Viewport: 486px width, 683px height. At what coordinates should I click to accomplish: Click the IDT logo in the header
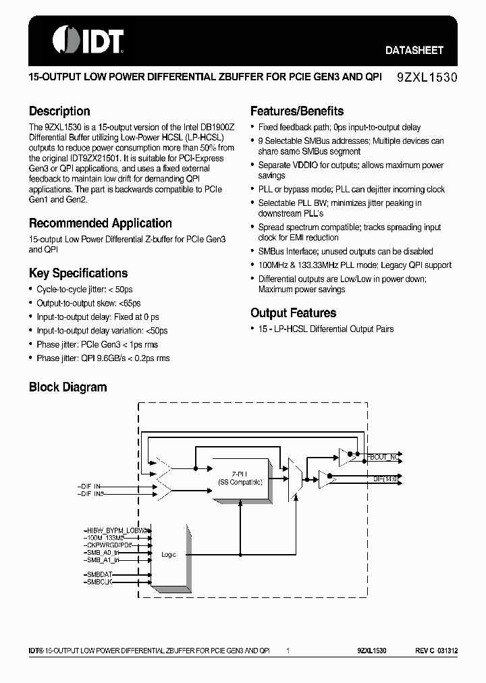pos(87,40)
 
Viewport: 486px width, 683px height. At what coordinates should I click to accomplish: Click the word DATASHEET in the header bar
pos(414,50)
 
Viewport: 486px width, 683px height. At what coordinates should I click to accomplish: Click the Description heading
pos(59,111)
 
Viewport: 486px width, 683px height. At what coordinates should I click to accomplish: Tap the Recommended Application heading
pos(100,223)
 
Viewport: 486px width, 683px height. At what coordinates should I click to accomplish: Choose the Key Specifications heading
pos(78,273)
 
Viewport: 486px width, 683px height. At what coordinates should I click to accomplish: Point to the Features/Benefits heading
pos(297,111)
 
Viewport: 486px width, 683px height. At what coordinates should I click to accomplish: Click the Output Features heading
pos(293,313)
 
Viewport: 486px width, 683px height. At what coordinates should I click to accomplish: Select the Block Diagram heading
pos(67,387)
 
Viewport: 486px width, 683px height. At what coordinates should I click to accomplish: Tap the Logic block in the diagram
pos(169,554)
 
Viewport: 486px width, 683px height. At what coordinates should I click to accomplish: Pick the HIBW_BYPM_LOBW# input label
pos(117,530)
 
